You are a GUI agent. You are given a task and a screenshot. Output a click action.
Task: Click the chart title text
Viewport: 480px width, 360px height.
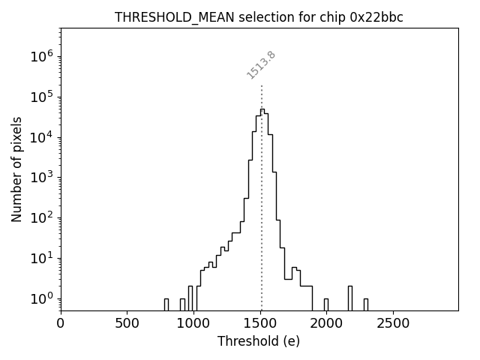coord(259,17)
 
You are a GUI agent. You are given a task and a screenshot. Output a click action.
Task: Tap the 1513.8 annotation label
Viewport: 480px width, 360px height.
coord(261,65)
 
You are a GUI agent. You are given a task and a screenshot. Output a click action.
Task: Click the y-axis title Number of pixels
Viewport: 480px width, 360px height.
coord(16,169)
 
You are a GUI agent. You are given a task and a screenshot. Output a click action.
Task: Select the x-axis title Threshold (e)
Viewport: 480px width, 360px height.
coord(259,341)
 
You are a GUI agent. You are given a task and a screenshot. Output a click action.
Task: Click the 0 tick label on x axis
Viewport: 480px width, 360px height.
coord(61,323)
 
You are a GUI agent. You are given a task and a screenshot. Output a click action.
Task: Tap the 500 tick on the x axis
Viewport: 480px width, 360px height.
coord(127,323)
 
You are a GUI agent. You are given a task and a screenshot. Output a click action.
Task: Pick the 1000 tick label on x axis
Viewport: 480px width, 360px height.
coord(193,323)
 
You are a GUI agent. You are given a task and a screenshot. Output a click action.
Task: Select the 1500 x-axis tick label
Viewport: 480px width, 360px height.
coord(260,323)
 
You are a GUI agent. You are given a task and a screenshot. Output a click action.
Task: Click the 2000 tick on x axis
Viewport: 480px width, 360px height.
coord(326,323)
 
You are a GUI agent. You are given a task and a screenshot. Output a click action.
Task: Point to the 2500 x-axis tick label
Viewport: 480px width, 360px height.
coord(393,323)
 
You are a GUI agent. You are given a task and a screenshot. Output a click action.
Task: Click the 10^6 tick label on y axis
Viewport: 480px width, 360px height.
coord(42,57)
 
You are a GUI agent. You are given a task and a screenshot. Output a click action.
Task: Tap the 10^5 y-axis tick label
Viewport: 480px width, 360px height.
coord(42,97)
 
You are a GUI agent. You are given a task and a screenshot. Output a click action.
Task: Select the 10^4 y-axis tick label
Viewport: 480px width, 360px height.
coord(42,137)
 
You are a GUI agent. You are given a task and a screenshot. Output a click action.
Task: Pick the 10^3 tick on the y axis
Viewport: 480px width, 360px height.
coord(42,178)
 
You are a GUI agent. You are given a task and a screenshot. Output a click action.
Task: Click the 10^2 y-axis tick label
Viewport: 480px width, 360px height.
coord(42,218)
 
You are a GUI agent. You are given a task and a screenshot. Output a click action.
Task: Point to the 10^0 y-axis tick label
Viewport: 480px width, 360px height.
coord(42,298)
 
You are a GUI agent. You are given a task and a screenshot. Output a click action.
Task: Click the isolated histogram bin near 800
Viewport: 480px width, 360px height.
coord(166,304)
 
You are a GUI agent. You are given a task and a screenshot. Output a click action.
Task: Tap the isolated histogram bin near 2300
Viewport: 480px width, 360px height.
coord(365,304)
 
